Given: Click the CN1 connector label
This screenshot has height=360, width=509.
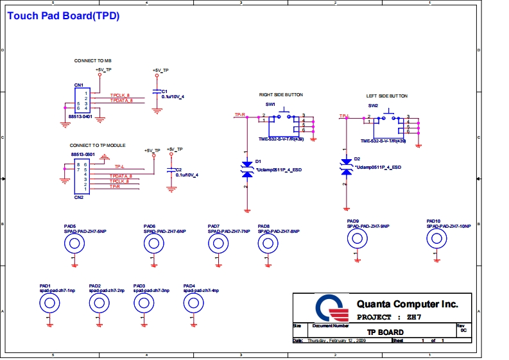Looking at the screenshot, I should (x=78, y=85).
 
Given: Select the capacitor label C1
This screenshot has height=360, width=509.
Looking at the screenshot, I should (x=164, y=91).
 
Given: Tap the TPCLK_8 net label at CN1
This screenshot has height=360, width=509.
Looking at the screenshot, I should (x=120, y=95).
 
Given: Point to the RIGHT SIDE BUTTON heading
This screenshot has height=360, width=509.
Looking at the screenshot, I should (x=280, y=95).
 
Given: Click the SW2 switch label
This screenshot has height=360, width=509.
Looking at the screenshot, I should (x=373, y=105).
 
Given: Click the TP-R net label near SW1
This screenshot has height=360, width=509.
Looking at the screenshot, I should (x=241, y=114).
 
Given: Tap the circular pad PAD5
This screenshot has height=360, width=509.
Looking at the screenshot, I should (x=74, y=243).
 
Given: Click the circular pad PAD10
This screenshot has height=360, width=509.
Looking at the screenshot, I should (x=438, y=239).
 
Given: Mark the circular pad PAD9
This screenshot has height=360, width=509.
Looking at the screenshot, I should (x=358, y=239).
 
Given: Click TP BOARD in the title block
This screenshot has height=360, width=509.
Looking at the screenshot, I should (x=385, y=332).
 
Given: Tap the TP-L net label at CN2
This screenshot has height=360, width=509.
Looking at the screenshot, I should (x=119, y=166).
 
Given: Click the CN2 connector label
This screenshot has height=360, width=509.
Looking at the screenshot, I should (x=78, y=198).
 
